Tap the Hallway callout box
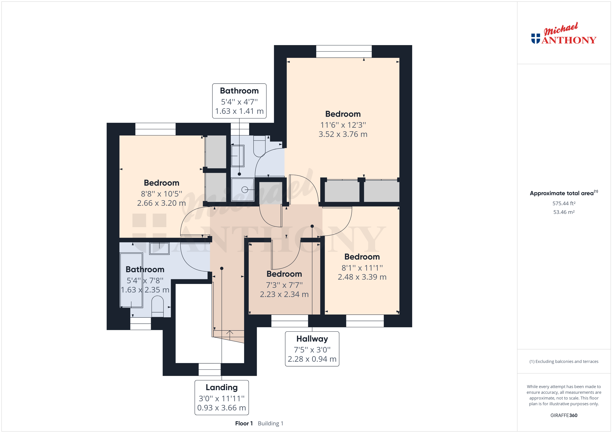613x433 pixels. pyautogui.click(x=312, y=349)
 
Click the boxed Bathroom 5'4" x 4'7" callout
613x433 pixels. pyautogui.click(x=239, y=101)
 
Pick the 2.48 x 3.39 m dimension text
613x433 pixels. pyautogui.click(x=362, y=277)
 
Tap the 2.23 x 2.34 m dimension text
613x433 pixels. pyautogui.click(x=284, y=294)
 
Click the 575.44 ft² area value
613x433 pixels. pyautogui.click(x=564, y=203)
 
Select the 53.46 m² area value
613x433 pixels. pyautogui.click(x=564, y=212)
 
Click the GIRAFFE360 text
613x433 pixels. pyautogui.click(x=564, y=415)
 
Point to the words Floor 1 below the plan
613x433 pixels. pyautogui.click(x=244, y=423)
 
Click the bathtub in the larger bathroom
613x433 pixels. pyautogui.click(x=131, y=280)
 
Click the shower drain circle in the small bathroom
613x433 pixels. pyautogui.click(x=245, y=190)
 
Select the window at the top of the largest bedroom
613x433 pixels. pyautogui.click(x=344, y=52)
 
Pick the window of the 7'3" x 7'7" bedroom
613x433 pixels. pyautogui.click(x=290, y=321)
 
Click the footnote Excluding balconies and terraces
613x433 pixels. pyautogui.click(x=564, y=362)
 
